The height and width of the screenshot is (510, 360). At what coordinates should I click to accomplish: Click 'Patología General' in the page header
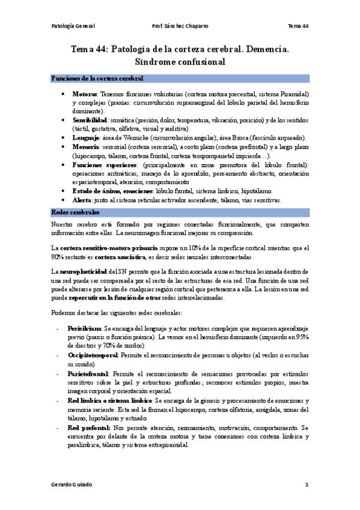click(x=73, y=26)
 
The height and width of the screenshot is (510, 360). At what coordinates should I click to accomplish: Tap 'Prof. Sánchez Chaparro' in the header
click(x=178, y=26)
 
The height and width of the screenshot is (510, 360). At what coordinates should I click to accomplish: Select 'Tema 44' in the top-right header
click(x=297, y=26)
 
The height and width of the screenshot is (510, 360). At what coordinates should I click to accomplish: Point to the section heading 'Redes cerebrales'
click(x=75, y=213)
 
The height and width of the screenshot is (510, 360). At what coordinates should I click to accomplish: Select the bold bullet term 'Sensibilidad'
click(x=90, y=120)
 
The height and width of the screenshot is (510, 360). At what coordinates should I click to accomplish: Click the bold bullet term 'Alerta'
click(x=82, y=200)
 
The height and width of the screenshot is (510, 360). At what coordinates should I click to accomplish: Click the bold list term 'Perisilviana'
click(x=84, y=330)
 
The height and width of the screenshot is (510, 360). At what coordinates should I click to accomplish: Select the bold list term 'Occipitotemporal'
click(x=93, y=355)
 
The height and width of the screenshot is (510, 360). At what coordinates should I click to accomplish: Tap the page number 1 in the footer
click(x=307, y=485)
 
